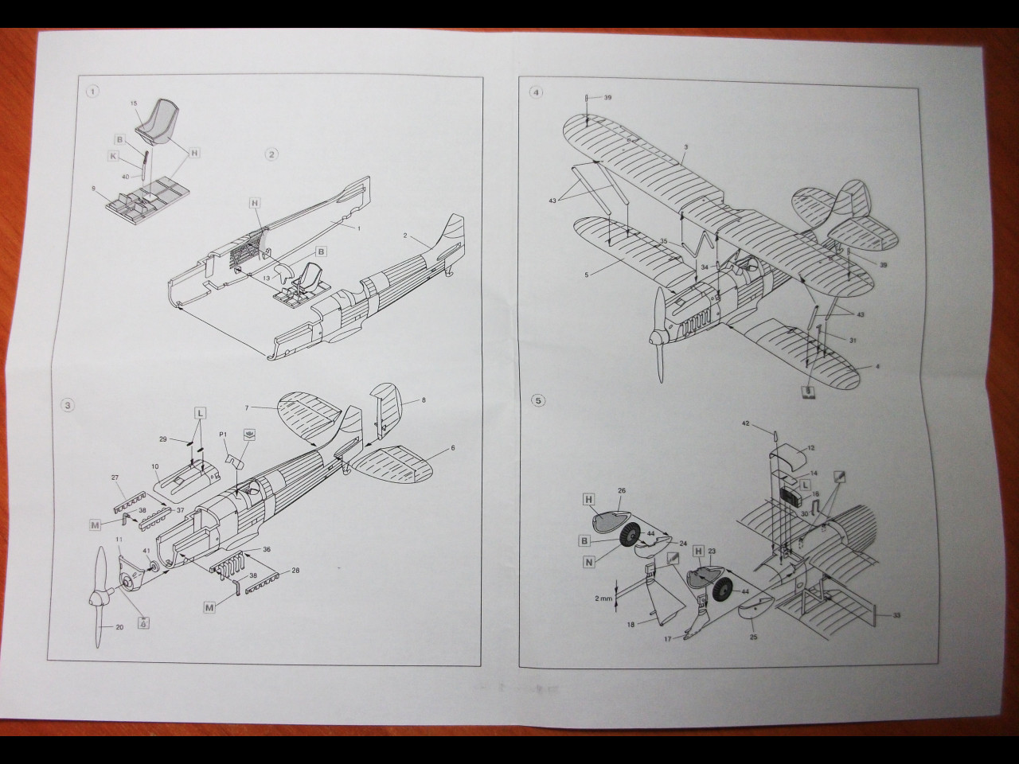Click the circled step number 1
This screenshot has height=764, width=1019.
coord(94,92)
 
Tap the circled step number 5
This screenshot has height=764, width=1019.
coord(539,400)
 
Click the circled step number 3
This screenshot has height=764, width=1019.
coord(68,405)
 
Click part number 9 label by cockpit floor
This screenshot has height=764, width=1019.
coord(95,189)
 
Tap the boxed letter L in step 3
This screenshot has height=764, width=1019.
coord(200,412)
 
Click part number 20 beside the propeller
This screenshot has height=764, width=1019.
coord(120,628)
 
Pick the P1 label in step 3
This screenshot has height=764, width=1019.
coord(224,435)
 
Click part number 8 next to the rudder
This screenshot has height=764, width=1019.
coord(424,400)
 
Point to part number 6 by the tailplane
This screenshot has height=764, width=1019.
coord(452,448)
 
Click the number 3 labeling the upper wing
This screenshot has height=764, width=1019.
coord(686,147)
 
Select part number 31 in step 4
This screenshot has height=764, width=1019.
coord(853,341)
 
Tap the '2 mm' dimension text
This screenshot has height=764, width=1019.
coord(603,598)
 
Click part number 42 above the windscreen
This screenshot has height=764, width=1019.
coord(746,424)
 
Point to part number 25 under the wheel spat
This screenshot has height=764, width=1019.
coord(754,637)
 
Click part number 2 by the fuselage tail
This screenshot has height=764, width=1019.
coord(405,236)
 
